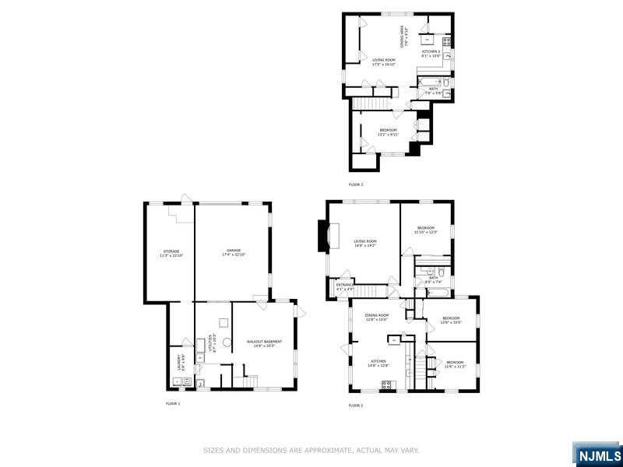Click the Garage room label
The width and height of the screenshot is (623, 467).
[x=234, y=251]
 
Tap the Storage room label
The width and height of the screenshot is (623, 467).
[x=171, y=253]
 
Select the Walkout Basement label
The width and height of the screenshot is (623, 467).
[x=264, y=343]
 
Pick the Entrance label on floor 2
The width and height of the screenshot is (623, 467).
[x=344, y=286]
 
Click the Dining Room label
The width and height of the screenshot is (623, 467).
[x=377, y=316]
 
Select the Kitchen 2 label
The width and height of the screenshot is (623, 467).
[x=431, y=54]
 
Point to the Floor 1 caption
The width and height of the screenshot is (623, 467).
[x=173, y=403]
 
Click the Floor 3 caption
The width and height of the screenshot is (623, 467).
[x=356, y=184]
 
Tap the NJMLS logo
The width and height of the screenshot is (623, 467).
[x=597, y=454]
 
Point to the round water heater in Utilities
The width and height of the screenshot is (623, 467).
[x=227, y=342]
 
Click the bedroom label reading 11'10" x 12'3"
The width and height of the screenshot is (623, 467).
[x=425, y=230]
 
